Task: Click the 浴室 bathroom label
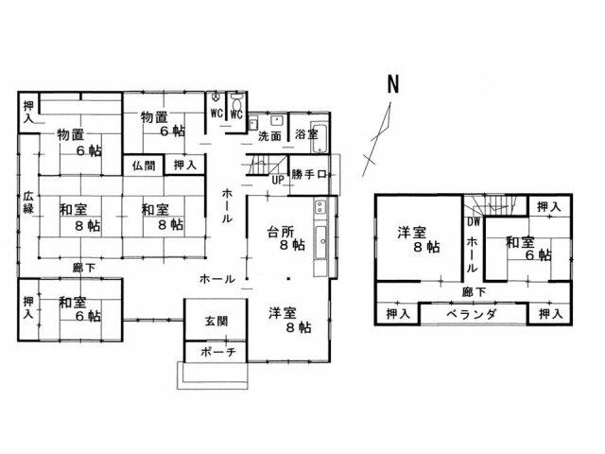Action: [305, 135]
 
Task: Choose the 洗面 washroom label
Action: [269, 135]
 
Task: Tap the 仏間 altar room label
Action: [145, 165]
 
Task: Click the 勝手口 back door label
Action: [309, 175]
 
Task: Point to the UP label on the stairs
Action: [278, 179]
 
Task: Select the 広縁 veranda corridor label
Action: [28, 202]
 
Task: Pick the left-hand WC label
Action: [216, 114]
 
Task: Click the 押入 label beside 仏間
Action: [185, 165]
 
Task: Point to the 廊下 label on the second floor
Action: [475, 292]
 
